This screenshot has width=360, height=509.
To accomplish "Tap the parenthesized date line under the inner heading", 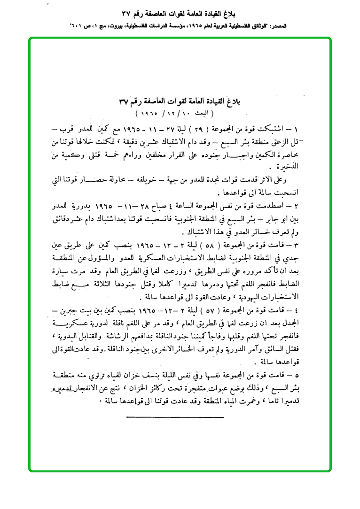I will click(173, 114).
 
